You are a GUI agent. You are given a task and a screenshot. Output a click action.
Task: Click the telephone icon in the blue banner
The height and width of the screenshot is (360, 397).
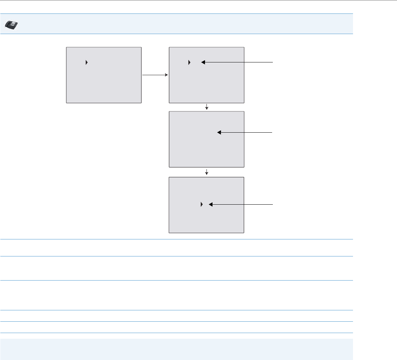pyautogui.click(x=12, y=24)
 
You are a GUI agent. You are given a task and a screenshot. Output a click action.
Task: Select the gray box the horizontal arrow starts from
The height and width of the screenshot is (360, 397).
pyautogui.click(x=104, y=75)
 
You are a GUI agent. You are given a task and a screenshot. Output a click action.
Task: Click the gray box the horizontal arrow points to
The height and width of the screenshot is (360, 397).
pyautogui.click(x=206, y=75)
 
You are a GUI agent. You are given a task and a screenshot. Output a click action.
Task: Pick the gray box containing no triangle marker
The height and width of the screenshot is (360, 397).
pyautogui.click(x=206, y=139)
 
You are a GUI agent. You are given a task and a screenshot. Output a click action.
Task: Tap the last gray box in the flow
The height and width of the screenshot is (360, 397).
pyautogui.click(x=206, y=205)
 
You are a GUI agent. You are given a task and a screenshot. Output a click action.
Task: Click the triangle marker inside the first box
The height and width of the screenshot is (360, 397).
pyautogui.click(x=86, y=62)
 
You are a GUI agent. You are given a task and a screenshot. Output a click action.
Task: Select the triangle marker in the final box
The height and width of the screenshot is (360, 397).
pyautogui.click(x=201, y=205)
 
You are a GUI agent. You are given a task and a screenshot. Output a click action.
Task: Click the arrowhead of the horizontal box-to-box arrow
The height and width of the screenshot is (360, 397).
pyautogui.click(x=166, y=75)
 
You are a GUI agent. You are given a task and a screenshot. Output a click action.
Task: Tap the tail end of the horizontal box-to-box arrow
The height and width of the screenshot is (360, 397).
pyautogui.click(x=143, y=75)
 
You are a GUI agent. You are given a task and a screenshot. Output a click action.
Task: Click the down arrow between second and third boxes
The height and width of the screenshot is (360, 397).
pyautogui.click(x=206, y=107)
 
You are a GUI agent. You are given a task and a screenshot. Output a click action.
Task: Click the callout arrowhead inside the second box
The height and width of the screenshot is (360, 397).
pyautogui.click(x=203, y=62)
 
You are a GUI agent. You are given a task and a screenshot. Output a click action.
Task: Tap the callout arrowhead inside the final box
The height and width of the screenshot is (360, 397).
pyautogui.click(x=210, y=205)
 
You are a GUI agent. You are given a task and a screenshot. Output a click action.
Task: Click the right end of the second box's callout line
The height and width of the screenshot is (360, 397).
pyautogui.click(x=274, y=62)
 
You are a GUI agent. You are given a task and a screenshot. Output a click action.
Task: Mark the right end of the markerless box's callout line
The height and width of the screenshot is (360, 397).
pyautogui.click(x=274, y=132)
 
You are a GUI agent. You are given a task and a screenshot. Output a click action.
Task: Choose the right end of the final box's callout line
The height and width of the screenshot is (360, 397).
pyautogui.click(x=274, y=205)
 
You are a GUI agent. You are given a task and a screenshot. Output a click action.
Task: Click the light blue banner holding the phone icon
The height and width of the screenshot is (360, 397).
pyautogui.click(x=184, y=24)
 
